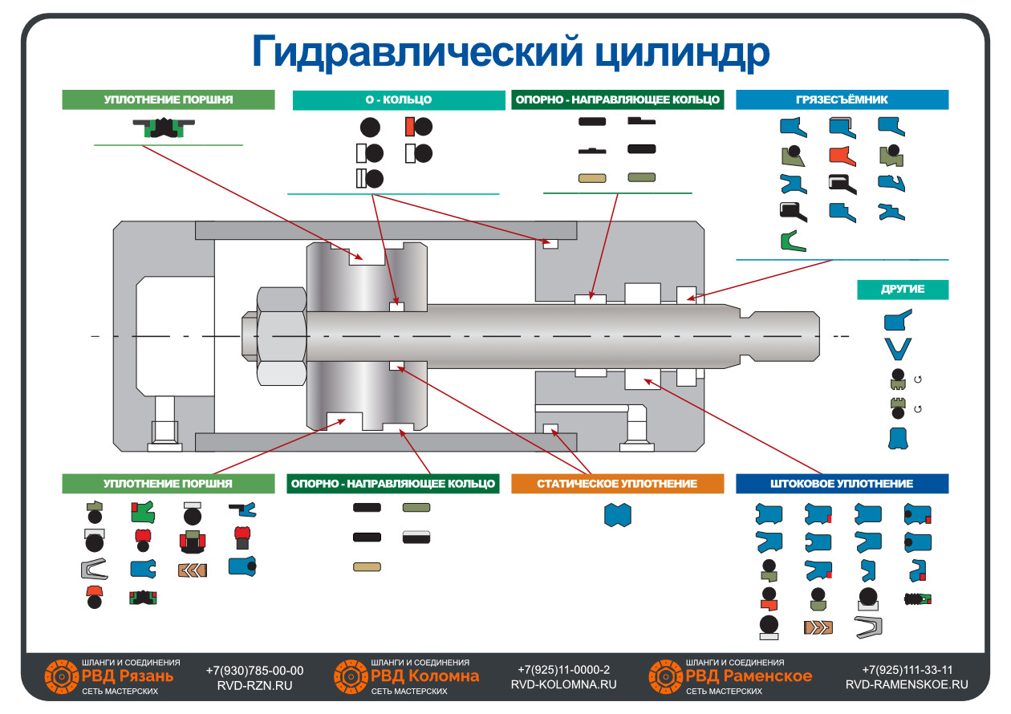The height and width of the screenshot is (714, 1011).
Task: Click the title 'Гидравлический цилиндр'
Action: [510, 52]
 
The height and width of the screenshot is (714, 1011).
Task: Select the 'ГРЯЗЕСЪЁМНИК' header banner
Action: [842, 99]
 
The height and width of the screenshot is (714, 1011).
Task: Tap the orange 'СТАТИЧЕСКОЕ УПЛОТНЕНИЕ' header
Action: [617, 484]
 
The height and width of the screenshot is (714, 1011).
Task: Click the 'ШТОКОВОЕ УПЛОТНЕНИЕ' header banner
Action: [842, 484]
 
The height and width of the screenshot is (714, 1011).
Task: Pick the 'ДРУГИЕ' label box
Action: [903, 290]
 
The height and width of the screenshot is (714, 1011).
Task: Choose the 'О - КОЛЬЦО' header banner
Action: [399, 99]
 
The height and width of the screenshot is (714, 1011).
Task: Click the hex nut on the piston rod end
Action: [282, 336]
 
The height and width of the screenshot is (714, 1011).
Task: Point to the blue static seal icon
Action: [618, 515]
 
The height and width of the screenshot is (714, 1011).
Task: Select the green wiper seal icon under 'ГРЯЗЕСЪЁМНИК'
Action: [793, 241]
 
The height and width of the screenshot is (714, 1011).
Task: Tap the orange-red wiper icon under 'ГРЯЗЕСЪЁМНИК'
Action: [842, 156]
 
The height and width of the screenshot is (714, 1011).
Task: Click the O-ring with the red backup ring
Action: [418, 127]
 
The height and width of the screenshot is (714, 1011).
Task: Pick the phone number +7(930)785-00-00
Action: [254, 670]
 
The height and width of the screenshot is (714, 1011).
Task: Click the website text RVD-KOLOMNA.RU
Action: [563, 684]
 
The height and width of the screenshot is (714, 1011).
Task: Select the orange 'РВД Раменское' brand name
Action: [749, 675]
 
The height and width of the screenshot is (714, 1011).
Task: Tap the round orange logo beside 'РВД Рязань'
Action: [61, 676]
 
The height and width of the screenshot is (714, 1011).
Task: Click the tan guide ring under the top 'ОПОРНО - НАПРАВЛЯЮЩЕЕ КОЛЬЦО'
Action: [592, 178]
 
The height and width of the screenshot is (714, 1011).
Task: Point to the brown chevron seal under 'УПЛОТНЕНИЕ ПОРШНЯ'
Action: [193, 570]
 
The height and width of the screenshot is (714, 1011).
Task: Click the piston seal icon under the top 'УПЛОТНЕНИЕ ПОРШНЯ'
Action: [164, 128]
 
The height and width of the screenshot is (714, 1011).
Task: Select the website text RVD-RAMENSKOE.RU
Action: [907, 684]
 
